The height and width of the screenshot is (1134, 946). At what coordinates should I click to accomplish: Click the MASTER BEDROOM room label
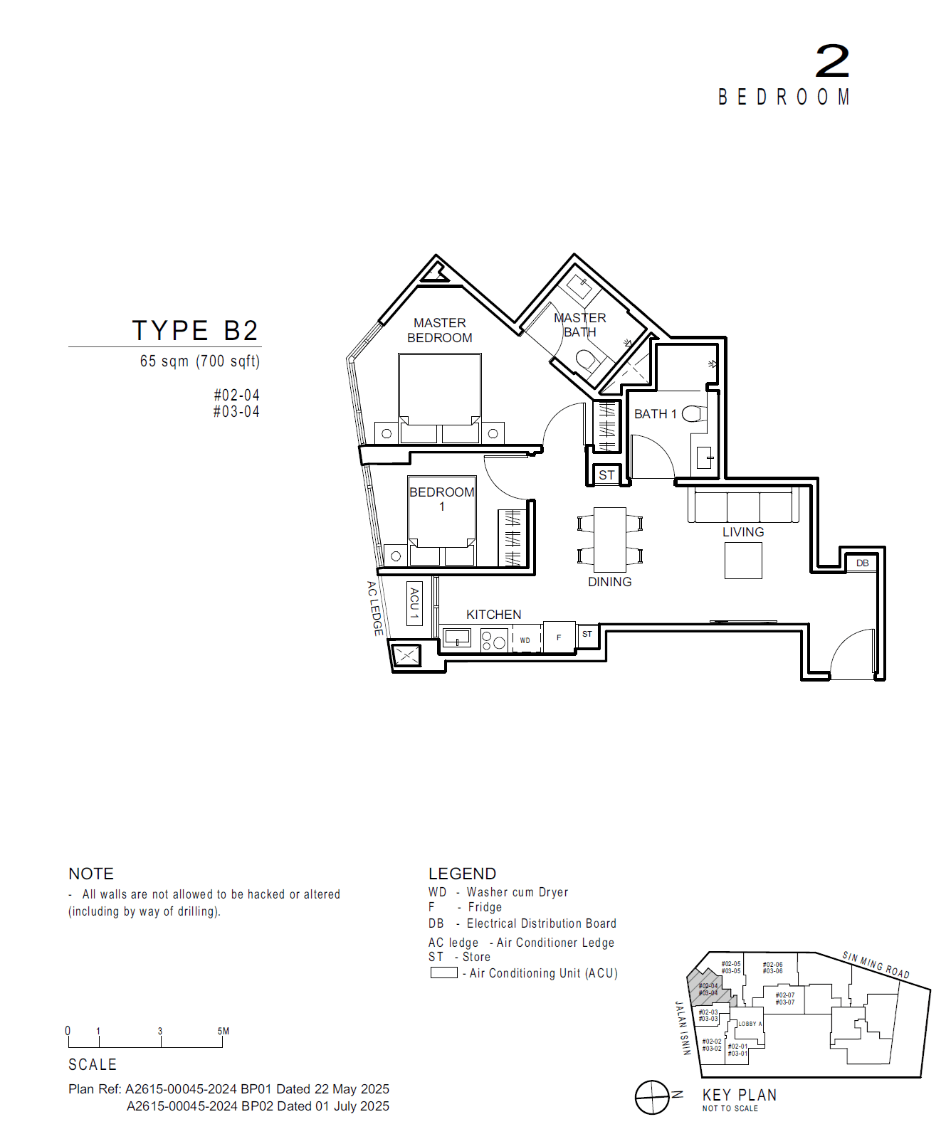(439, 331)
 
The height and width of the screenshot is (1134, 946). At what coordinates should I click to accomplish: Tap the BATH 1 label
(655, 414)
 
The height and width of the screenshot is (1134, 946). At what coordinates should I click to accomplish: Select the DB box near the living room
(862, 563)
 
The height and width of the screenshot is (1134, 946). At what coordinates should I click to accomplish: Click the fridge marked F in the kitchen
(559, 637)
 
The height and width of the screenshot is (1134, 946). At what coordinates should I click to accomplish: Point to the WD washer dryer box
(525, 640)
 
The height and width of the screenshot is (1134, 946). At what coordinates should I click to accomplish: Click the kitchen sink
(456, 637)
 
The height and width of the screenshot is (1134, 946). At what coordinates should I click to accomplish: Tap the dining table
(610, 539)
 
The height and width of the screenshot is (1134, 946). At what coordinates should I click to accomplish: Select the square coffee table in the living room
(743, 561)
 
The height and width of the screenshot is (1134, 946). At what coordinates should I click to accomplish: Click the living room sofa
(743, 506)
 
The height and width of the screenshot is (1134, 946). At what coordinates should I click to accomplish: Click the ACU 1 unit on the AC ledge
(414, 604)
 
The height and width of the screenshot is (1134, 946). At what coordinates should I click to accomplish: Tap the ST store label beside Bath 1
(606, 475)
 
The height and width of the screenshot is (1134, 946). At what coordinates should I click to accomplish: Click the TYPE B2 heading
(195, 331)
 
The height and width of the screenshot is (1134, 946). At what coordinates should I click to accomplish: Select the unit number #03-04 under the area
(236, 412)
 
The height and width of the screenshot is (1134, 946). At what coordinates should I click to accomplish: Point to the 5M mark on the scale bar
(223, 1032)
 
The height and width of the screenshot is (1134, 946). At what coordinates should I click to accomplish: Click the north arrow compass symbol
(652, 1097)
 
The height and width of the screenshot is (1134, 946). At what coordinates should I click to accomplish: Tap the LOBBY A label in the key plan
(750, 1024)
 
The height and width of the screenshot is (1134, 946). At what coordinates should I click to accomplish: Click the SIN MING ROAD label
(876, 965)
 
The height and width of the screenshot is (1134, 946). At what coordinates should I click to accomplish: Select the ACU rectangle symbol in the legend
(443, 973)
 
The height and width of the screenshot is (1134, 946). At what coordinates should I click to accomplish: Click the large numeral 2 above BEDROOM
(832, 61)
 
